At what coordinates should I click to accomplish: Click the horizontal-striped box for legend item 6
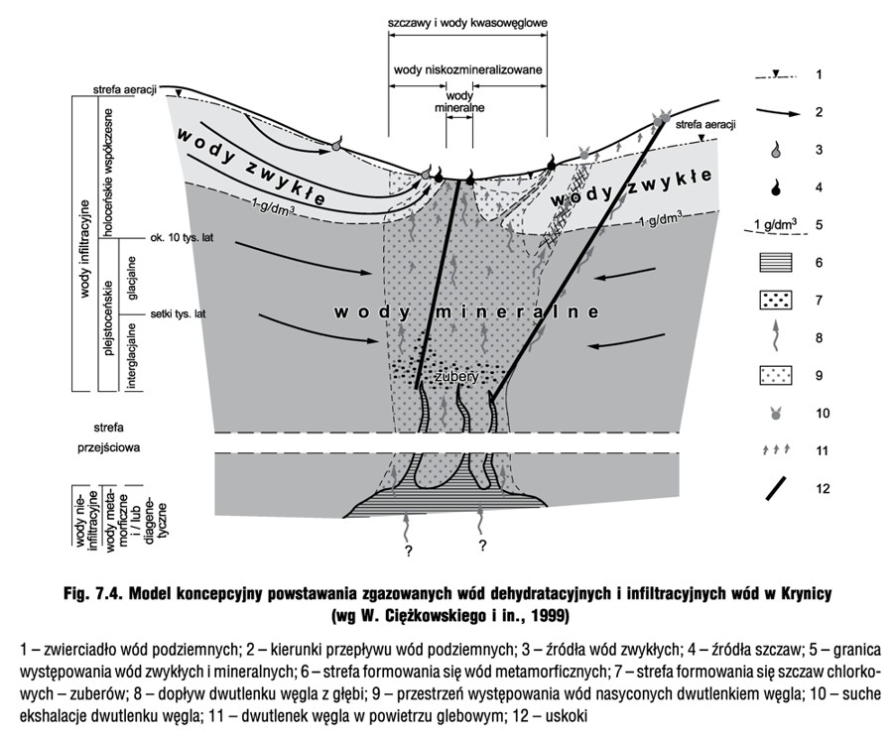[x=776, y=263]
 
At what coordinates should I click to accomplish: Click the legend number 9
[x=819, y=376]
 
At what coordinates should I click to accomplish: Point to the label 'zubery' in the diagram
[x=455, y=377]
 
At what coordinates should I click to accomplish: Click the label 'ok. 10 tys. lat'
[x=182, y=237]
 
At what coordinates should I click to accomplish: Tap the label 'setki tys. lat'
[x=179, y=313]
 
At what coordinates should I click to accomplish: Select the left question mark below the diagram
[x=408, y=551]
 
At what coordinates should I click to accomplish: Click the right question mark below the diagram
[x=482, y=546]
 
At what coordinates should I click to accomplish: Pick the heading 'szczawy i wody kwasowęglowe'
[x=467, y=24]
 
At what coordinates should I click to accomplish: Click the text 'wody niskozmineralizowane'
[x=468, y=70]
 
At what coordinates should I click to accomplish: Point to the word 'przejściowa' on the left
[x=109, y=447]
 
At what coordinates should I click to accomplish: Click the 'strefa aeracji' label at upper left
[x=125, y=90]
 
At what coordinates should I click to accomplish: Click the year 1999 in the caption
[x=550, y=615]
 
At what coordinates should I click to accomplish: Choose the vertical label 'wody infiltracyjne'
[x=85, y=249]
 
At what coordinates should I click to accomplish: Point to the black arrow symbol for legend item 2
[x=779, y=112]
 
